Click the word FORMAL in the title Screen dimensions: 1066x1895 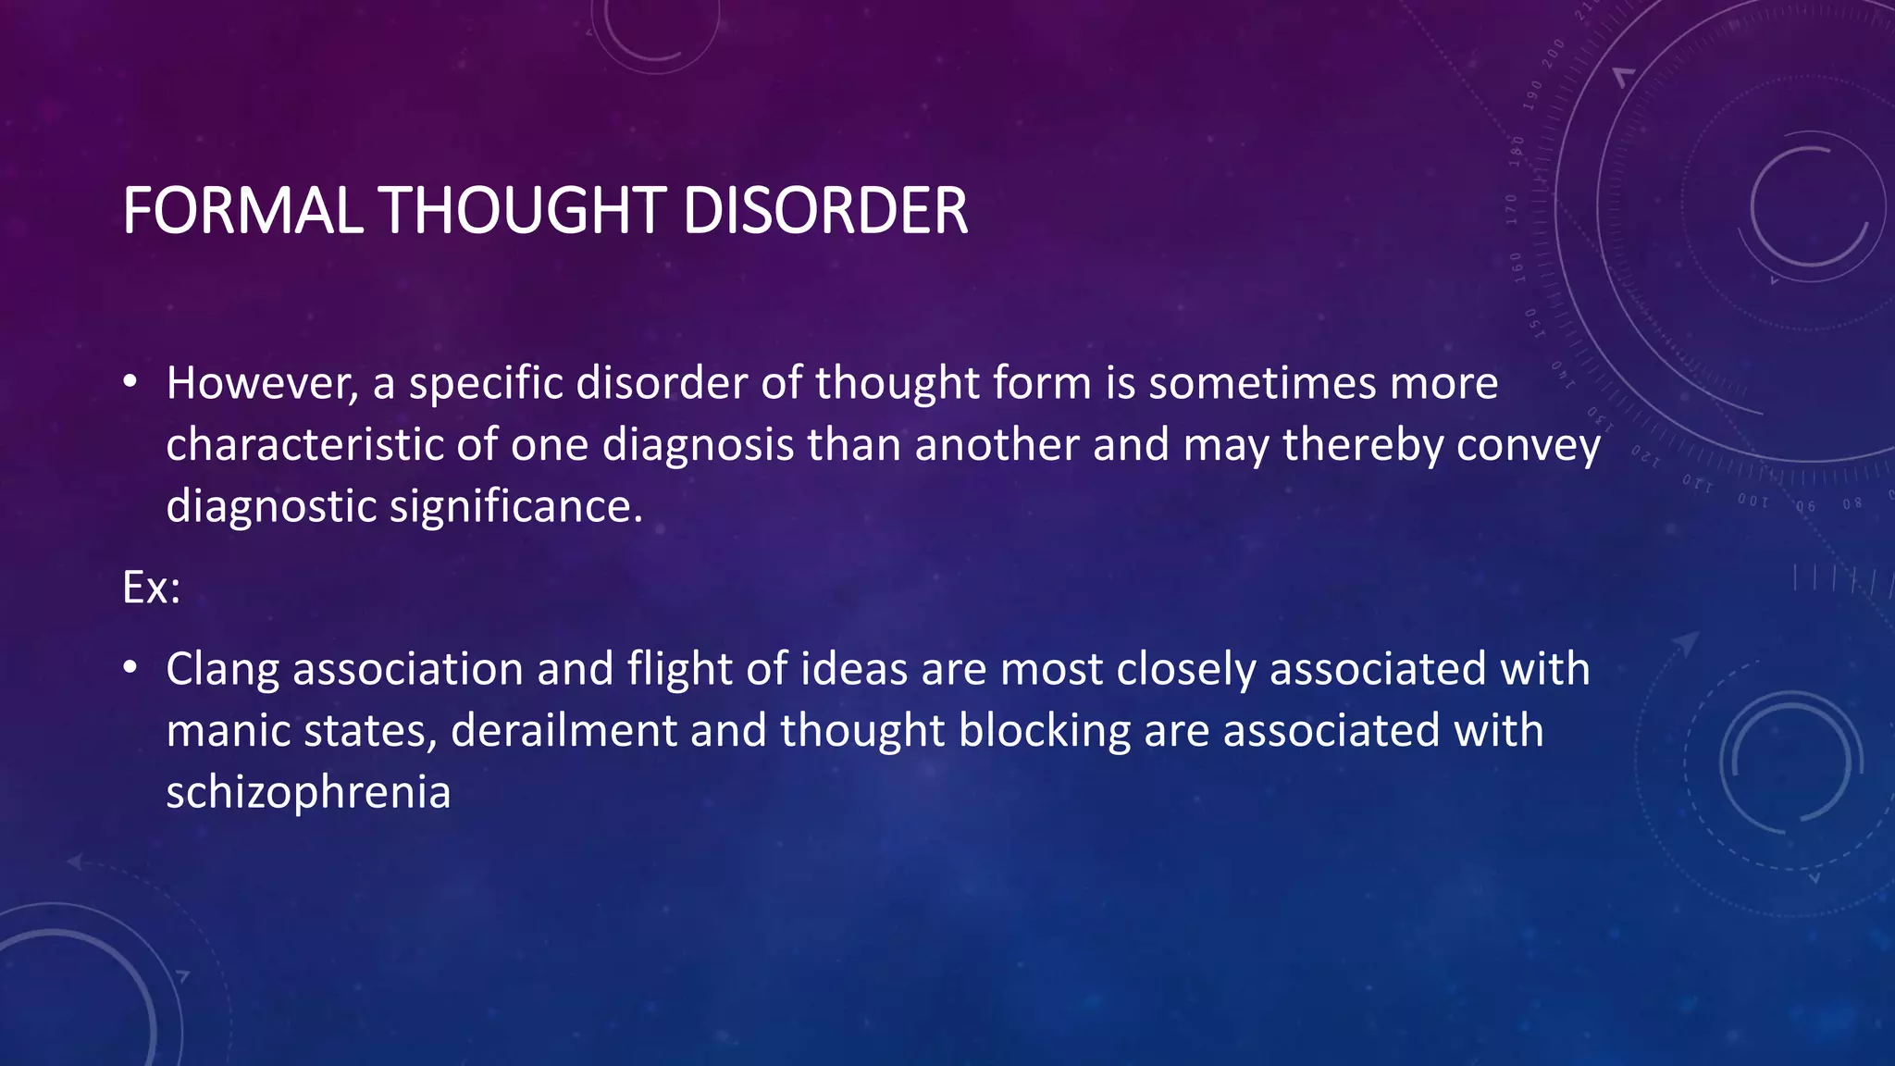pos(242,211)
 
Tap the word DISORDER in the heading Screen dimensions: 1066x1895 pos(825,211)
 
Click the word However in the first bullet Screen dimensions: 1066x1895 pos(262,383)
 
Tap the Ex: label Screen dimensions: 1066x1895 pos(152,588)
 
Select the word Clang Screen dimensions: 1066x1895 pos(222,669)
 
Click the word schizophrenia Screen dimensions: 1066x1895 pos(308,792)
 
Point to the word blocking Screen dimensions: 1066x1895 pos(1045,730)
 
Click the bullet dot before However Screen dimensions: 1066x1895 pos(130,382)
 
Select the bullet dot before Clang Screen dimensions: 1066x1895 pos(130,667)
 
